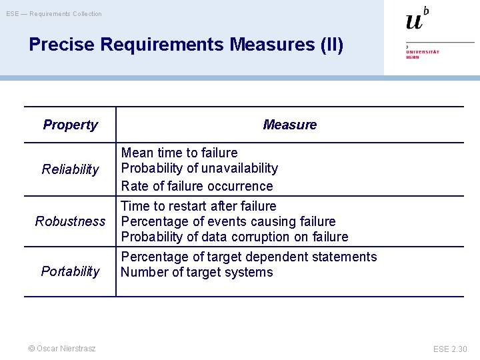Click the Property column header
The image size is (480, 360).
70,125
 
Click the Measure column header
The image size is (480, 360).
289,125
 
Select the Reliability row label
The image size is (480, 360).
70,169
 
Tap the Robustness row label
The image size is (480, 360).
70,221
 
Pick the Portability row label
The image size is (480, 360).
70,271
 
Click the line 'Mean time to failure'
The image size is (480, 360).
179,153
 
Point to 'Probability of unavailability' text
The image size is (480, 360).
199,168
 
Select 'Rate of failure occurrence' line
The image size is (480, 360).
197,186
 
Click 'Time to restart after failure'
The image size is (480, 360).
198,206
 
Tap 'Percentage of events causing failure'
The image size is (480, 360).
228,221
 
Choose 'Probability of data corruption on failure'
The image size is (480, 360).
234,237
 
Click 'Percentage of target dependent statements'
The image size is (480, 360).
249,257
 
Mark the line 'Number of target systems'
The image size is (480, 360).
197,272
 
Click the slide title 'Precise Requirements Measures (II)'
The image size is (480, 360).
186,45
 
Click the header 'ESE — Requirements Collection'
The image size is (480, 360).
54,13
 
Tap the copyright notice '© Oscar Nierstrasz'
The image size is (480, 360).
61,348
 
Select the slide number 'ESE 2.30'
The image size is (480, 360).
450,349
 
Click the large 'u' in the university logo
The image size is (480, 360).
414,21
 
